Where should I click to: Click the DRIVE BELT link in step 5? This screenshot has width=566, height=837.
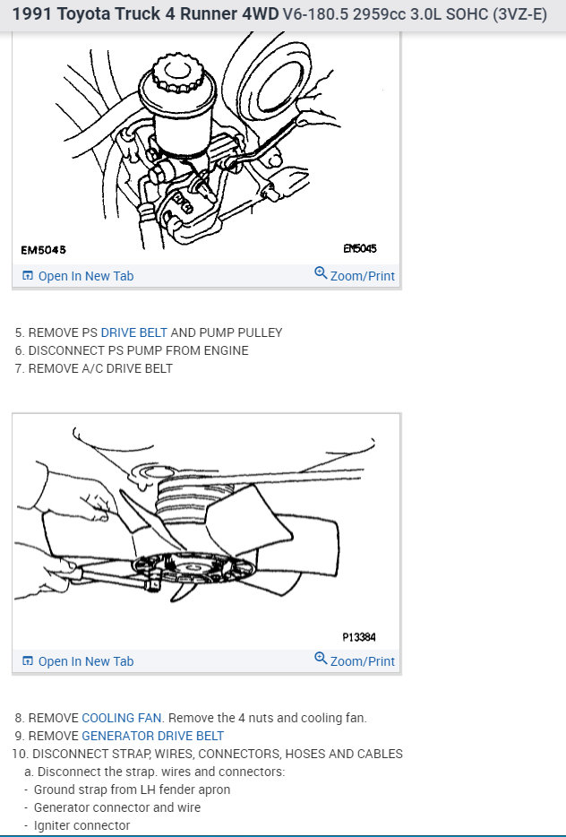133,332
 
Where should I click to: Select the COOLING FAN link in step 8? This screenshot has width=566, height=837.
122,718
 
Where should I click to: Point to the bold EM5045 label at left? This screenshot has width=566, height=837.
43,250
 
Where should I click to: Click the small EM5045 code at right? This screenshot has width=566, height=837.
359,249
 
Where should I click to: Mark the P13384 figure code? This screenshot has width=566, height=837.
358,637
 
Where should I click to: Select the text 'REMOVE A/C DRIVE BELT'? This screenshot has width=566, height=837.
100,368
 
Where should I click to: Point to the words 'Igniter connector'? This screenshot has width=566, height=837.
81,825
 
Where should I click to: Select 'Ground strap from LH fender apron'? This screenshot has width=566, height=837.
132,790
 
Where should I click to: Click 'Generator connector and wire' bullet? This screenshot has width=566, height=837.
116,807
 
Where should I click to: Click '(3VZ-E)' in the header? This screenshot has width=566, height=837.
517,15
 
